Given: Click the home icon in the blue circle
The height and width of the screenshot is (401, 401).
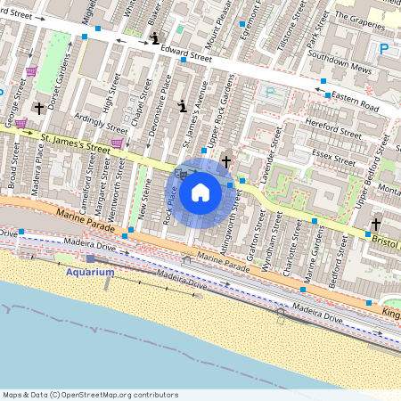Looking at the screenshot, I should tap(200, 192).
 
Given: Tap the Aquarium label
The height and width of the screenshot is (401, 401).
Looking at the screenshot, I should tap(90, 272).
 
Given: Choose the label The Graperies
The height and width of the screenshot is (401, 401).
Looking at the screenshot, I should tap(360, 16).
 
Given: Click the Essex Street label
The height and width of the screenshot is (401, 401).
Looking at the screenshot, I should tap(334, 154).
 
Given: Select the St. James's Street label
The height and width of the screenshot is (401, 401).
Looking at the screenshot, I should tap(76, 143).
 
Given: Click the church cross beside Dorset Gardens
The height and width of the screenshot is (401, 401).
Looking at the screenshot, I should tap(38, 109).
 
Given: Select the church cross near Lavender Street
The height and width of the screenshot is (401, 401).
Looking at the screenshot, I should tap(226, 162).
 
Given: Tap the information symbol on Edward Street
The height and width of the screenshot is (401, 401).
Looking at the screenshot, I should tap(156, 38).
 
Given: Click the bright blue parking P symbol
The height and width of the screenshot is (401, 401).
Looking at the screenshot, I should tap(383, 49).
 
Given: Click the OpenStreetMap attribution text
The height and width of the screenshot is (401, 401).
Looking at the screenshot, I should tap(90, 394).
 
